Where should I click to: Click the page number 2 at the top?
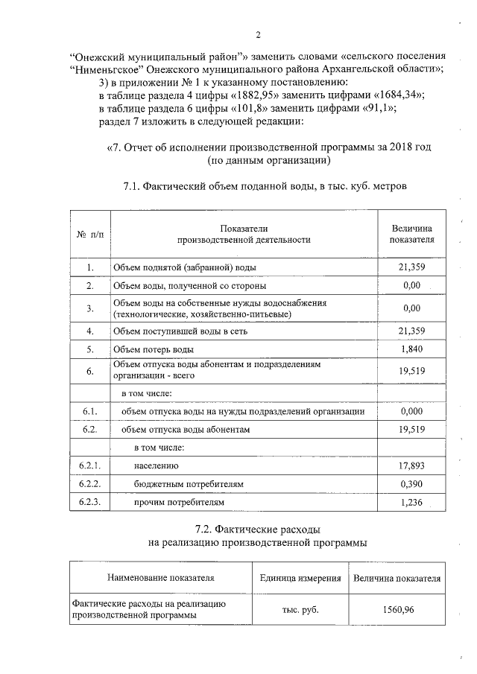(x=257, y=34)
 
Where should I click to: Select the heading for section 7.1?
(x=265, y=185)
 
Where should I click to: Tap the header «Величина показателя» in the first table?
(x=411, y=234)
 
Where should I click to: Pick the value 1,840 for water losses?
(x=411, y=349)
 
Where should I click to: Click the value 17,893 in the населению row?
(x=411, y=466)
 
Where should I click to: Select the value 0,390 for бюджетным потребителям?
(x=411, y=484)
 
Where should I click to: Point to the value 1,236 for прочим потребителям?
(x=411, y=503)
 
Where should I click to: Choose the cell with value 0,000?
(x=411, y=411)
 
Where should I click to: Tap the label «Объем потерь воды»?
(x=154, y=349)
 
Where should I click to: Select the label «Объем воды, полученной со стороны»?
(x=189, y=286)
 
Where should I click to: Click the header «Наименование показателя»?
(x=160, y=578)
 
